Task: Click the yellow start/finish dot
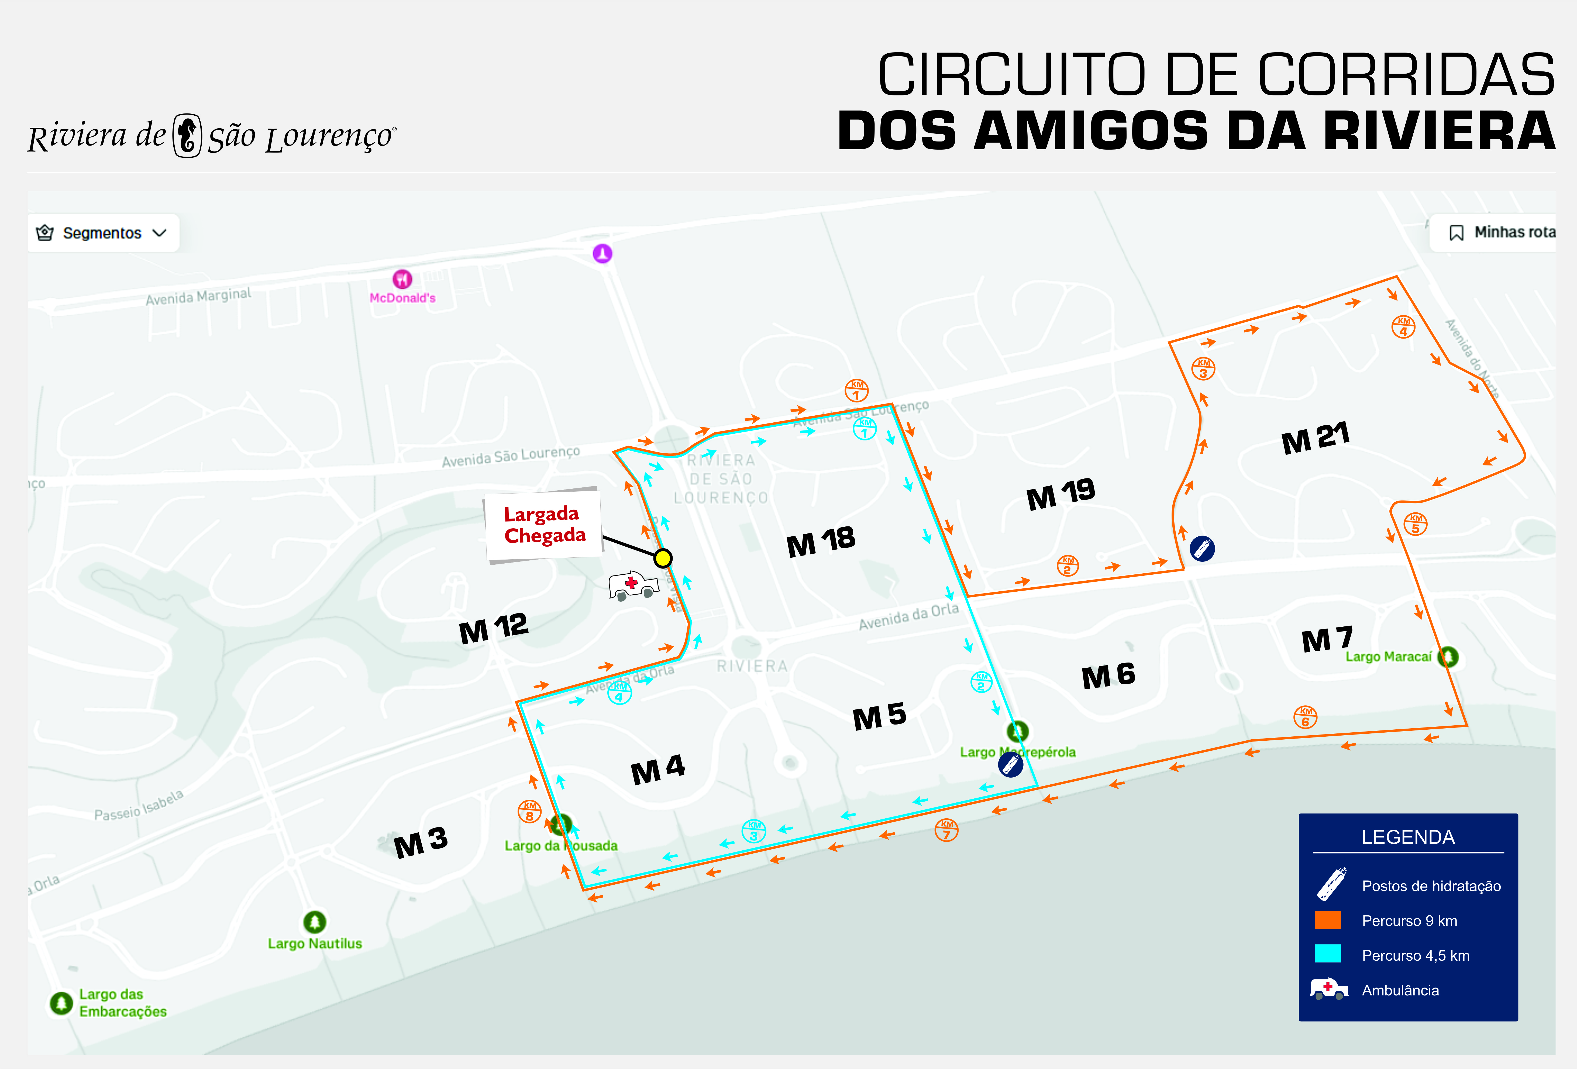[663, 558]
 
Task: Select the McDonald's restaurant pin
[402, 279]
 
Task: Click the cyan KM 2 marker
[981, 682]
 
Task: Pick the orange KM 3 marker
[1203, 368]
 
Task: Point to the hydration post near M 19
[1202, 548]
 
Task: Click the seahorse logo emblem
[187, 136]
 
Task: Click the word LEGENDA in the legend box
[1408, 837]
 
